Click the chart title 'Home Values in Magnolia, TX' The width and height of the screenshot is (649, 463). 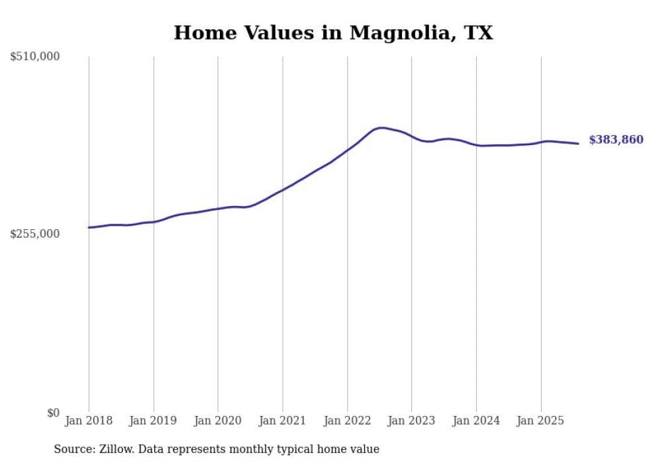click(333, 32)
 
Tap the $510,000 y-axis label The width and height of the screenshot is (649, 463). click(35, 57)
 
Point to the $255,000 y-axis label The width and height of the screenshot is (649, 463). click(35, 234)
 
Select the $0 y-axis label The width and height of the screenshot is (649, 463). click(53, 413)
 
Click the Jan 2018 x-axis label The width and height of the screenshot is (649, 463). click(89, 421)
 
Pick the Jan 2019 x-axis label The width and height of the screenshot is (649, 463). click(154, 421)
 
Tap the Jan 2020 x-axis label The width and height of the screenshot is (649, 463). click(218, 421)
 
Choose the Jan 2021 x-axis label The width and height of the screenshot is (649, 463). click(283, 421)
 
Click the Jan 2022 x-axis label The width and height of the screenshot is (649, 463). click(347, 421)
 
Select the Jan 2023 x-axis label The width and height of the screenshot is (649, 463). click(411, 421)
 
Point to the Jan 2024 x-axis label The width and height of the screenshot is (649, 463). click(476, 421)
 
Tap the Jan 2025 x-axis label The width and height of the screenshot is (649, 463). click(540, 421)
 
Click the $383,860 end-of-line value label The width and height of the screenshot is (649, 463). click(616, 140)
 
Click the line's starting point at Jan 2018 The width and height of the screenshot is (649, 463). click(89, 227)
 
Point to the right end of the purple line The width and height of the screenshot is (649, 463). click(578, 143)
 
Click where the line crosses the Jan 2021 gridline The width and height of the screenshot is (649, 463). click(283, 189)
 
